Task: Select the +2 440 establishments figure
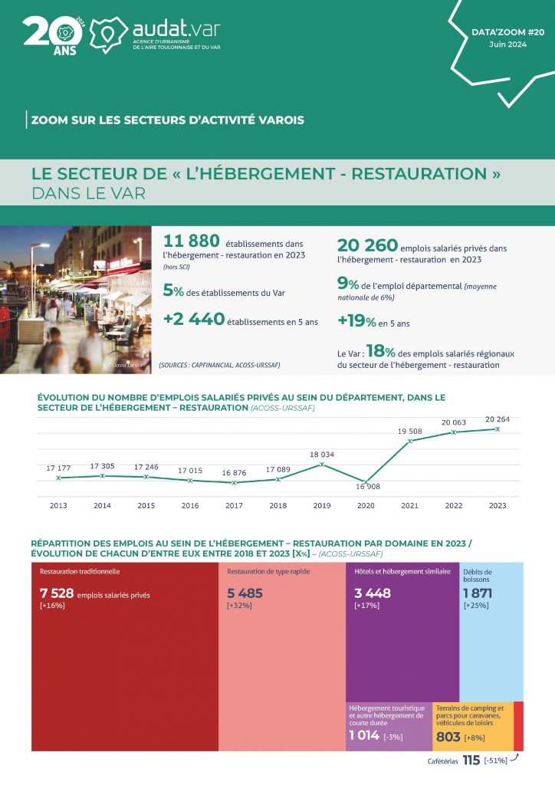(x=194, y=319)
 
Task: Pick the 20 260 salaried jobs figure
(x=367, y=245)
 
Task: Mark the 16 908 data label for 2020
(x=367, y=487)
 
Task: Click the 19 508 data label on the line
(x=411, y=431)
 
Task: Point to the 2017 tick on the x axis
(x=234, y=506)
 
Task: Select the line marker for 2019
(x=322, y=464)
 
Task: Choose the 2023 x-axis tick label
(x=498, y=506)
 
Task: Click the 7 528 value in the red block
(x=56, y=593)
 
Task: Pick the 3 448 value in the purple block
(x=373, y=593)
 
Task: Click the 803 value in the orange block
(x=448, y=737)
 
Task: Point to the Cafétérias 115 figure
(x=471, y=760)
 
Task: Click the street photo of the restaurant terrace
(x=75, y=301)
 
